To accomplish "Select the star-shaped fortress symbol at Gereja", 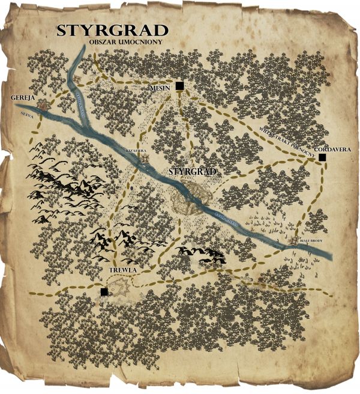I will coord(42,105).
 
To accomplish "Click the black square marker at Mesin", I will coord(179,86).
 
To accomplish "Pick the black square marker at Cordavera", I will coord(322,157).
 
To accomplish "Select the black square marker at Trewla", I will coord(104,292).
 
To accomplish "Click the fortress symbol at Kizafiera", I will coord(145,159).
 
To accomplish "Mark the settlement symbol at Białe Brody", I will coord(294,242).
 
